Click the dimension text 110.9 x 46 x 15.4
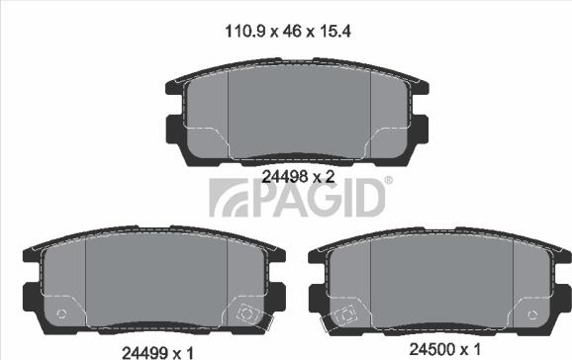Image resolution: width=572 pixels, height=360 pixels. tap(288, 32)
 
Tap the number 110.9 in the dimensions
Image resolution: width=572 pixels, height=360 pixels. tap(244, 32)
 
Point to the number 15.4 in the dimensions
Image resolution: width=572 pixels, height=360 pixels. tap(335, 32)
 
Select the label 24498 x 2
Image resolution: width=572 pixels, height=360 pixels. tap(298, 177)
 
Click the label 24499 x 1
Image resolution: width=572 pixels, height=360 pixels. tap(157, 353)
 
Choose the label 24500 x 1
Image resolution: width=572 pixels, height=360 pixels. tap(445, 349)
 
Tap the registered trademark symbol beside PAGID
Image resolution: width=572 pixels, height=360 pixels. tap(389, 180)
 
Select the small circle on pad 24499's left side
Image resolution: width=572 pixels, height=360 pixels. tap(61, 315)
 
